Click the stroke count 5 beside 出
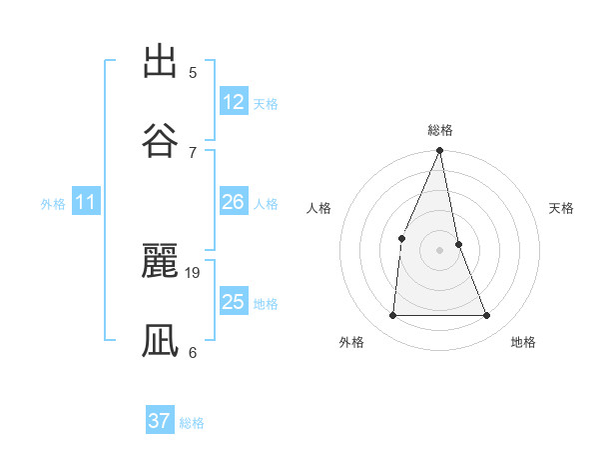193,73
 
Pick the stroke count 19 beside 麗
194,272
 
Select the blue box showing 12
234,102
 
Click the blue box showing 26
234,203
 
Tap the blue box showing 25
234,302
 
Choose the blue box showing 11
86,203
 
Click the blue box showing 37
159,421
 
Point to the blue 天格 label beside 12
265,104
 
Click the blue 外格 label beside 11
53,204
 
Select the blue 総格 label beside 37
192,423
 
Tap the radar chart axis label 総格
440,130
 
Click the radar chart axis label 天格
562,208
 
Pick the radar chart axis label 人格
318,208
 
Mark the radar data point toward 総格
440,151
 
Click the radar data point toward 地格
487,316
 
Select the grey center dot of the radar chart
440,250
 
